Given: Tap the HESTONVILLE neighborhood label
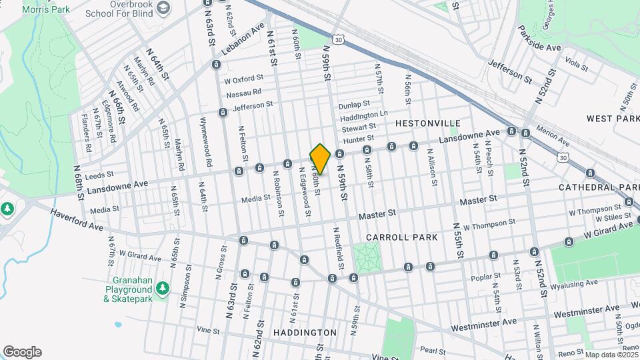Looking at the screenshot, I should (x=428, y=123).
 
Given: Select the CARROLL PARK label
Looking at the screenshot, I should (x=401, y=237).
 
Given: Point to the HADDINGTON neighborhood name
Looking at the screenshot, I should (x=304, y=332).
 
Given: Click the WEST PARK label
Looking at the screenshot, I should (x=613, y=118).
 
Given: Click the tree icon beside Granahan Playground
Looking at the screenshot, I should (x=162, y=288).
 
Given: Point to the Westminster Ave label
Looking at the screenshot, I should (x=483, y=324).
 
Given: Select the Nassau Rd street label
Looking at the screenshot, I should (x=243, y=93).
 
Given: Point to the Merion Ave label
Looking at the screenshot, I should (x=553, y=137).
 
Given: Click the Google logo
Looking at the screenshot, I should (x=22, y=352).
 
